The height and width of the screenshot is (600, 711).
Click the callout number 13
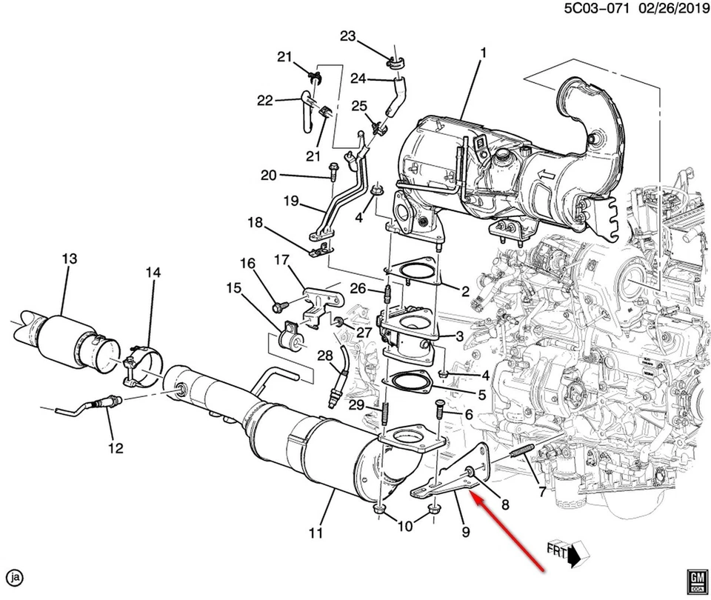coord(69,259)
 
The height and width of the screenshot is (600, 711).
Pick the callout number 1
coord(483,53)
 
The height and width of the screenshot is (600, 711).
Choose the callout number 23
coord(347,36)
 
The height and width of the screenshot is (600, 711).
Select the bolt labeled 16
coord(279,304)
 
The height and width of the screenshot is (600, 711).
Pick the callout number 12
coord(116,447)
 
